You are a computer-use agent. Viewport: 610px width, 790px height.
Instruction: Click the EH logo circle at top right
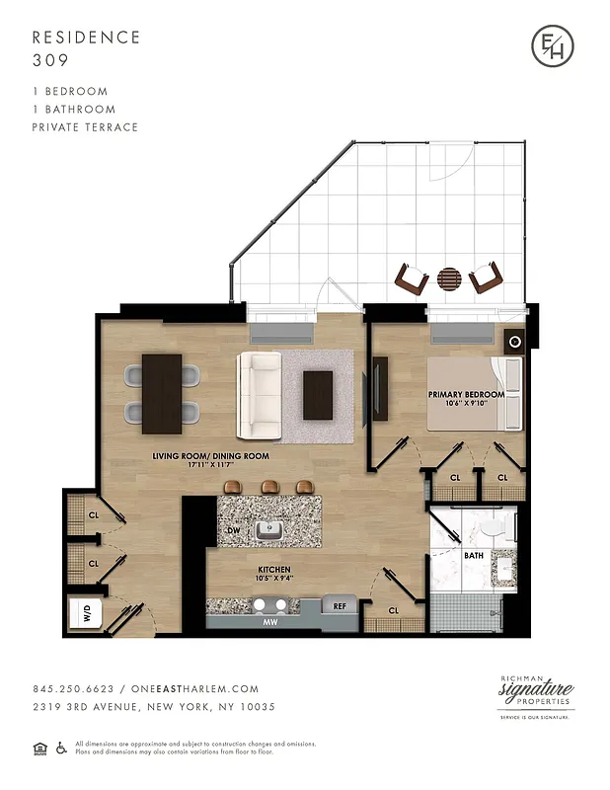pos(552,47)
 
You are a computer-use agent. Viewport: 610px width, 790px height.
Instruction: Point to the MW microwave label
pos(268,623)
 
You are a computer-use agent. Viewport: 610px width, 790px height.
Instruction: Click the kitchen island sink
pos(268,530)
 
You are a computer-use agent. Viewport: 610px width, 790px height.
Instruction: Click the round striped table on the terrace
pos(449,279)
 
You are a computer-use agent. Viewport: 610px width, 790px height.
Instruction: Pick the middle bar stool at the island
pos(268,486)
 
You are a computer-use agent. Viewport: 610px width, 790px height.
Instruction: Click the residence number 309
pos(49,59)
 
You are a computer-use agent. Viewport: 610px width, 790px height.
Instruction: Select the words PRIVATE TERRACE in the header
pos(85,127)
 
